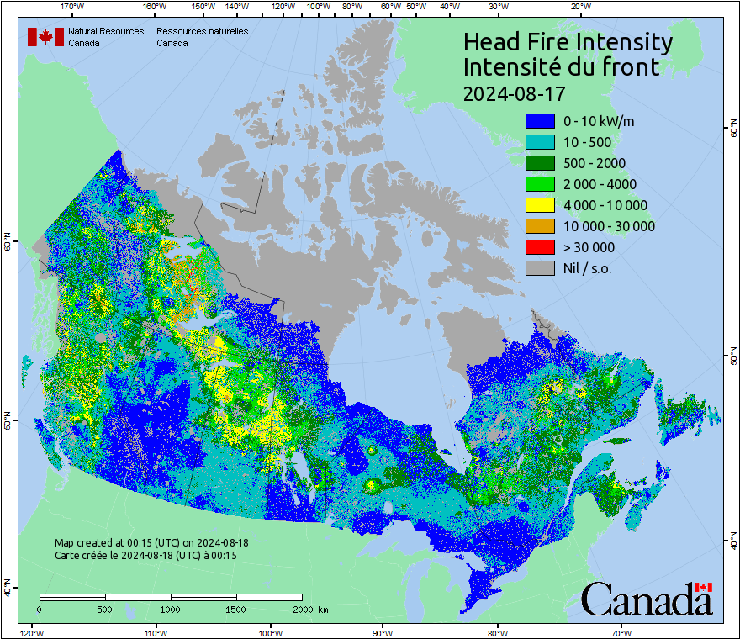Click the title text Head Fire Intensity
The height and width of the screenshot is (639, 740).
coord(568,42)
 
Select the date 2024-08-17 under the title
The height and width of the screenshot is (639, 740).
coord(514,92)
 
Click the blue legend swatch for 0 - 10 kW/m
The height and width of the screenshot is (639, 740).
coord(540,121)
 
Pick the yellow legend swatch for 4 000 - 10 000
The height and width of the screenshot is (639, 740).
coord(540,205)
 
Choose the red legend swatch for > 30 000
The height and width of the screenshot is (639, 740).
coord(540,247)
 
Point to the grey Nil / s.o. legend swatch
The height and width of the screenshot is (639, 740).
coord(540,268)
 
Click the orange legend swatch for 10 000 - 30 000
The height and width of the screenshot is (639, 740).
coord(540,226)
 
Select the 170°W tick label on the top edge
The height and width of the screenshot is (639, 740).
coord(72,7)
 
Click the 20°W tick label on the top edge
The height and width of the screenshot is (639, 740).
coord(579,7)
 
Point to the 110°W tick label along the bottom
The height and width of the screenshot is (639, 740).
coord(154,632)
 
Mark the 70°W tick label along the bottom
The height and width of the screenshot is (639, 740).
coord(621,632)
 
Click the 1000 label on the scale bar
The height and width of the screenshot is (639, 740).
coord(171,609)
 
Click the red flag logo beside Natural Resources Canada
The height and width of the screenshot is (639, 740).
coord(45,37)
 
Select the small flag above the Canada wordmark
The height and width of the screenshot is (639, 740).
coord(704,586)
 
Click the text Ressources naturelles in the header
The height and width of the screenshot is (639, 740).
coord(202,31)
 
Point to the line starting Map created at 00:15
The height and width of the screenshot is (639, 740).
coord(151,543)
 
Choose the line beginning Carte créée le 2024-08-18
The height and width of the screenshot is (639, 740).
coord(145,555)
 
